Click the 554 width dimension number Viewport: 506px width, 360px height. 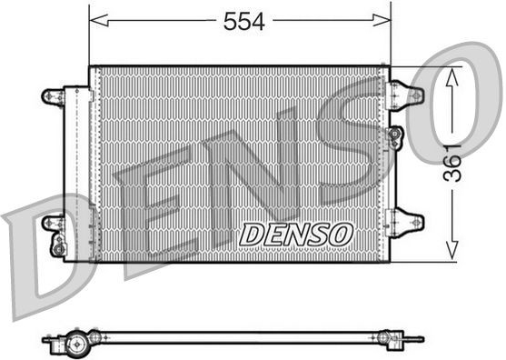(244, 21)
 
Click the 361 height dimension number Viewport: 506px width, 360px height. (452, 163)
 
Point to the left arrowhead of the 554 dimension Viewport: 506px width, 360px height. (98, 20)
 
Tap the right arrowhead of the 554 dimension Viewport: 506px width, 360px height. (382, 20)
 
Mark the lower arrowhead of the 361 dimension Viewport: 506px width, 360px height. (452, 250)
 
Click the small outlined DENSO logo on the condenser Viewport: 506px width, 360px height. (295, 234)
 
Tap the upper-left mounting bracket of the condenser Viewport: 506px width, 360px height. (54, 97)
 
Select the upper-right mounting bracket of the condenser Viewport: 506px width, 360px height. (406, 95)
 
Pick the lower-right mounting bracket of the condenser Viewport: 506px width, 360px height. (406, 221)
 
